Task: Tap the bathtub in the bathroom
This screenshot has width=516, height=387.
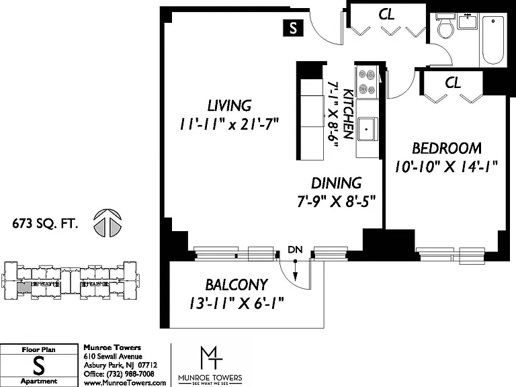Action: point(492,40)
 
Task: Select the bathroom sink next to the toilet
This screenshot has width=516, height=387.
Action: point(468,21)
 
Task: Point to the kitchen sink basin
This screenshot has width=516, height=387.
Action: point(367,129)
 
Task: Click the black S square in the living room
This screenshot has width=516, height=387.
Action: point(293,28)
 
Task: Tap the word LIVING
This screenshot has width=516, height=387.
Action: point(229,106)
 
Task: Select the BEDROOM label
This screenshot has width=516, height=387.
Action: point(447,148)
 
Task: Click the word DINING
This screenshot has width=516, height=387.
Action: point(337,183)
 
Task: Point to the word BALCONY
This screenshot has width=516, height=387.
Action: point(236,285)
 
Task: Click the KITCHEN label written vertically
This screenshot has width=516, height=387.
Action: point(349,114)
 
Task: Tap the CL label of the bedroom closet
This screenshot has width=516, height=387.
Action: point(453,83)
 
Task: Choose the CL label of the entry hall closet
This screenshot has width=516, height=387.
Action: point(386,15)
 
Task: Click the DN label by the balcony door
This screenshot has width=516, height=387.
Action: point(295,250)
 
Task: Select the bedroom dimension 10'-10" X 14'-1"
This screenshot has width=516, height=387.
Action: point(446,166)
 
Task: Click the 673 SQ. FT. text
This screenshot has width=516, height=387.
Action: point(45,224)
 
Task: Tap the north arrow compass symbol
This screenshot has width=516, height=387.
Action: point(107,223)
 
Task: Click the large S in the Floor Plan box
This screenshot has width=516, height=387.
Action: point(39,366)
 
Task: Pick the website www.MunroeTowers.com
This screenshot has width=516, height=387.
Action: point(125,383)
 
